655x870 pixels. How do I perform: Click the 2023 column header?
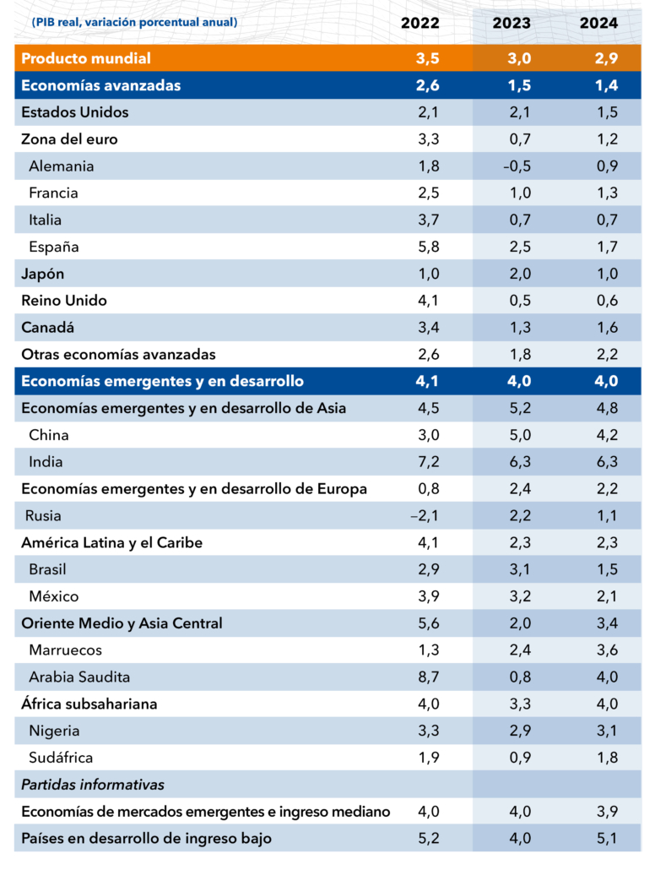pyautogui.click(x=512, y=23)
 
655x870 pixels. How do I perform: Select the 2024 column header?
pyautogui.click(x=598, y=23)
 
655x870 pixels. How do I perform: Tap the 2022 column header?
pyautogui.click(x=420, y=23)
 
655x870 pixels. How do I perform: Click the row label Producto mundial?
pyautogui.click(x=86, y=58)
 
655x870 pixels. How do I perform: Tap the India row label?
pyautogui.click(x=46, y=462)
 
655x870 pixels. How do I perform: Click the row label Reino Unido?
pyautogui.click(x=64, y=301)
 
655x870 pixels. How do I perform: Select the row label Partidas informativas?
pyautogui.click(x=92, y=785)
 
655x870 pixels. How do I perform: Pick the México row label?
pyautogui.click(x=53, y=596)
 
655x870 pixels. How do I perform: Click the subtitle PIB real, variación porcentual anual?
pyautogui.click(x=134, y=22)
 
